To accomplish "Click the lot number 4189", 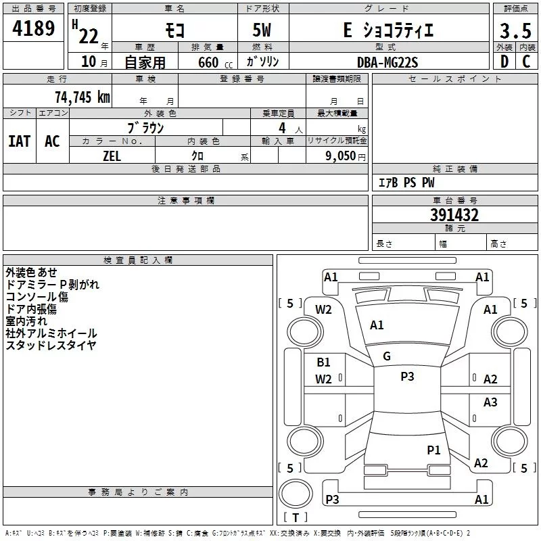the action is tap(33, 28).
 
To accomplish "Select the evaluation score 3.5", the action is tap(515, 30).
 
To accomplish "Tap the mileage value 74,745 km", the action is tap(83, 97).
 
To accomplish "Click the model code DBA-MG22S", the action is tap(387, 62).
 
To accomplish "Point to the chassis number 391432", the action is tap(454, 215).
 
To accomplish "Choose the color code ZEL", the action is tap(112, 156).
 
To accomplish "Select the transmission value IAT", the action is tap(20, 141).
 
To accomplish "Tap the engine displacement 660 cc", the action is tap(215, 62).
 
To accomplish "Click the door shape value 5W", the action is tap(262, 30).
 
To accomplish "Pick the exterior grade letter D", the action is tap(504, 62).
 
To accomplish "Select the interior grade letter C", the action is tap(526, 62).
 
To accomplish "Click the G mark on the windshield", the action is tap(387, 356).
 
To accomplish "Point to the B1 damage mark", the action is tap(323, 362).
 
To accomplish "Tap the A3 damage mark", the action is tap(490, 402).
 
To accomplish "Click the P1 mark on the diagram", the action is tap(433, 450).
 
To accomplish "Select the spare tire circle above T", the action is tap(296, 494).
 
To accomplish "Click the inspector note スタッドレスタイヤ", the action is tap(51, 346).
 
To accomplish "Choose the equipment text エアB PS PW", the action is tap(406, 183).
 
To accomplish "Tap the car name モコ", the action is tap(175, 30).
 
